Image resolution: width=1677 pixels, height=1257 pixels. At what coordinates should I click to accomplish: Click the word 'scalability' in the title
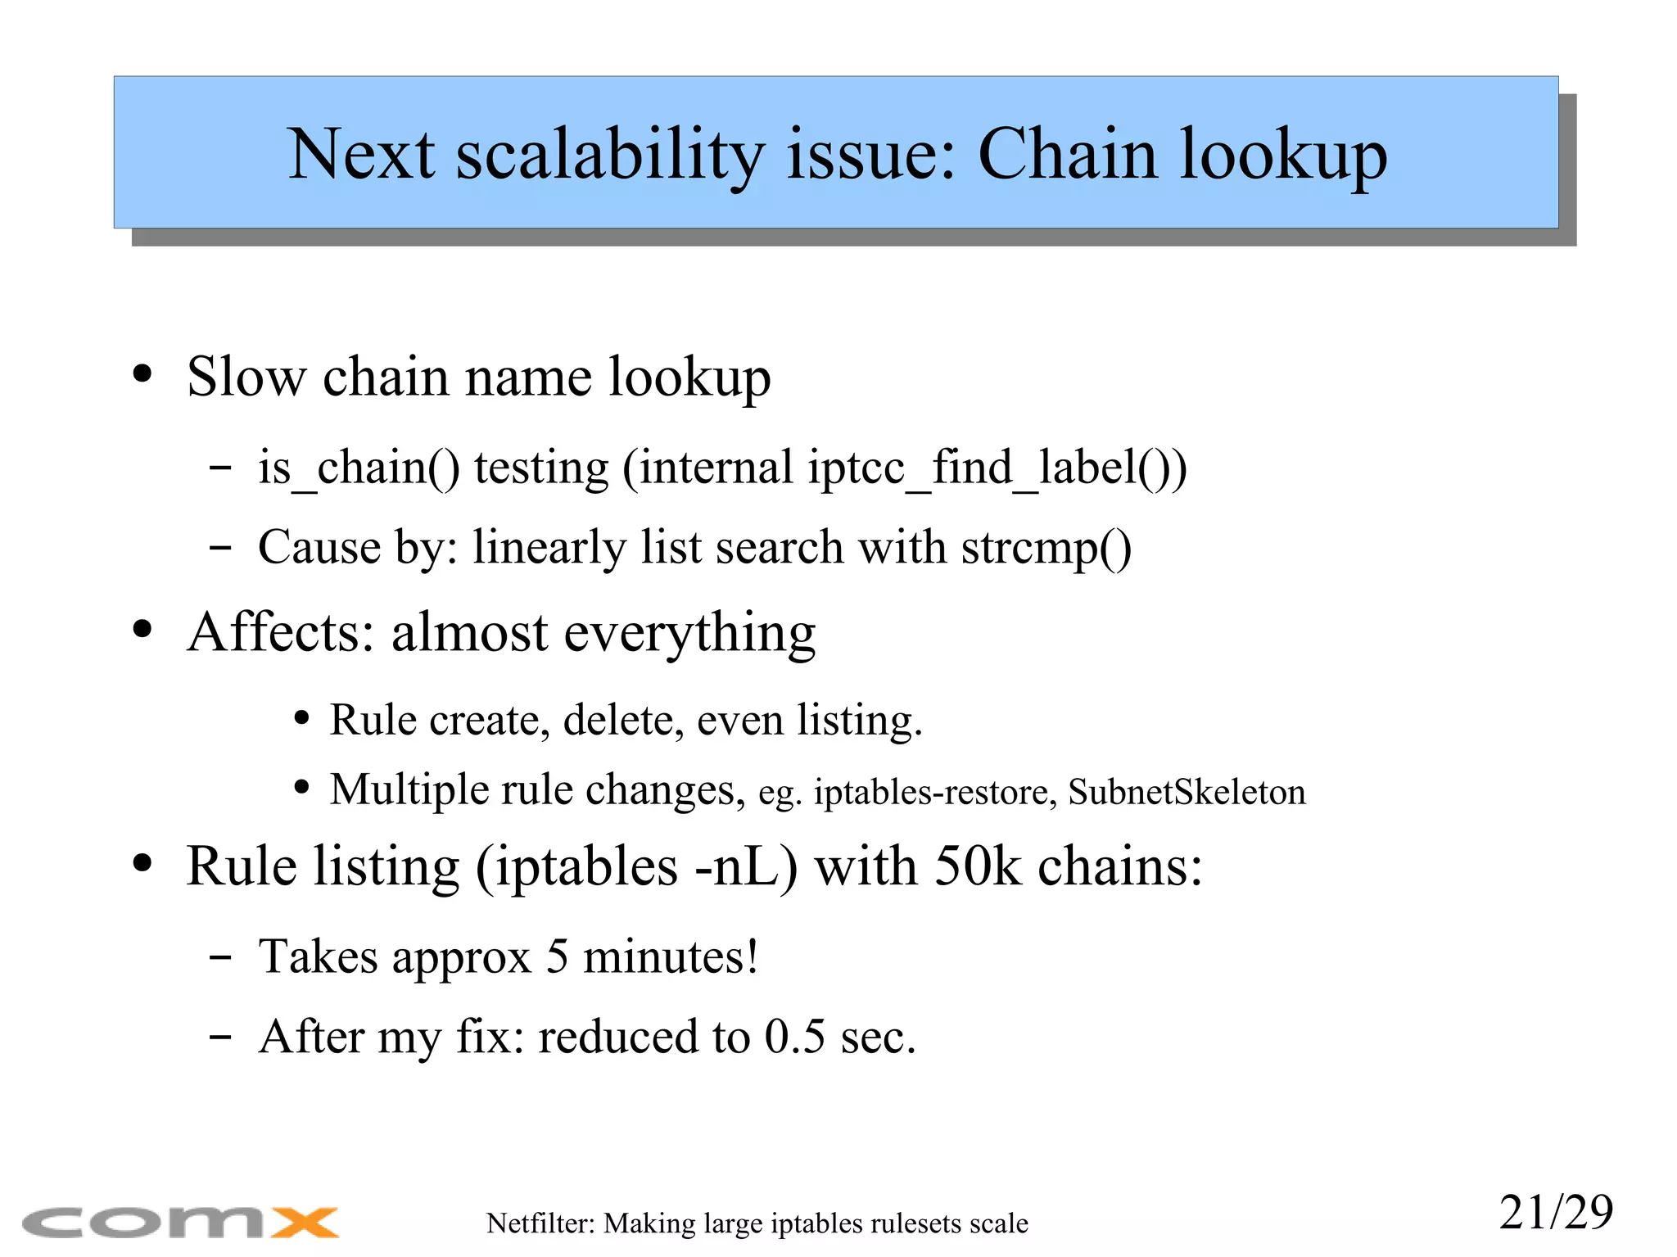609,155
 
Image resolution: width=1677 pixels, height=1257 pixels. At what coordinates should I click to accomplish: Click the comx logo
180,1223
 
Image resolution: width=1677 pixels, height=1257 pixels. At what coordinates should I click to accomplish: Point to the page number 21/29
1556,1212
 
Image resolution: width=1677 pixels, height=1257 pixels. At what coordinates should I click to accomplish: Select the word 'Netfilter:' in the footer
540,1223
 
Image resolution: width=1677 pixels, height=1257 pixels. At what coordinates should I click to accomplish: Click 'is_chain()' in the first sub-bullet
359,468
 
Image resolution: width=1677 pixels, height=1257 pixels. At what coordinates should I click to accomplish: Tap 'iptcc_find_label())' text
997,468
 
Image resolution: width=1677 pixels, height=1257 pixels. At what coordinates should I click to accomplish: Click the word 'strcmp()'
1046,547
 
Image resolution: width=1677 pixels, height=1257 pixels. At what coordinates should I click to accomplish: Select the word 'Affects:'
281,632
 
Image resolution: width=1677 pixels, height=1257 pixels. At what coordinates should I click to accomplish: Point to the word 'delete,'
622,721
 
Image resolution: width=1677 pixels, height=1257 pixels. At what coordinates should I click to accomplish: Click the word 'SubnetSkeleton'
1187,792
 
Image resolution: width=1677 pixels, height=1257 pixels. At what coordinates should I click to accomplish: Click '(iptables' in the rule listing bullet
576,866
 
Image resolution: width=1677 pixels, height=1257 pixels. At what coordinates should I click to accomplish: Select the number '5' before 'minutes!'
557,956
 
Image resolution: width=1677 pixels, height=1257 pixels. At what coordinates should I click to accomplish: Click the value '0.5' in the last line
794,1037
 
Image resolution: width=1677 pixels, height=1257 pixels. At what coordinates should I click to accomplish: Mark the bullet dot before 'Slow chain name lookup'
142,374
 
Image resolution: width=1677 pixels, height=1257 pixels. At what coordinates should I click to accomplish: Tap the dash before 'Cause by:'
219,547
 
